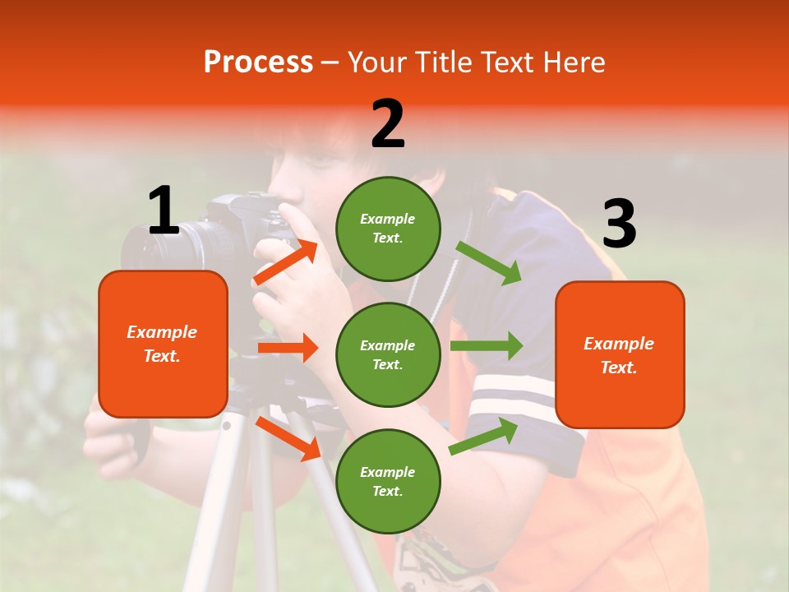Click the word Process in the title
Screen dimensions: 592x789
[x=258, y=62]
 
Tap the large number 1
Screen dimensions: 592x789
[x=164, y=210]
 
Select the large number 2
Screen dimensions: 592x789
[x=388, y=124]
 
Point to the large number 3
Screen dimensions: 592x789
[x=619, y=224]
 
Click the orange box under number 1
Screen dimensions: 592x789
[x=163, y=344]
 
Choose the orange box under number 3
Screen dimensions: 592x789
[x=620, y=354]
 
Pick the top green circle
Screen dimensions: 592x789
[x=388, y=229]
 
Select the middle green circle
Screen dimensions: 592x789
[x=388, y=354]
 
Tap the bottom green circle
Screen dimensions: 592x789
[x=388, y=481]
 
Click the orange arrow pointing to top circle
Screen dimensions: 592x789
[x=286, y=262]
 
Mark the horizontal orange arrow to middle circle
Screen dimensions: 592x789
[x=288, y=348]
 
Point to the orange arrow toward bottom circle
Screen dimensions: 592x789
[x=288, y=438]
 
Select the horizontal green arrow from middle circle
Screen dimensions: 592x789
[x=487, y=346]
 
